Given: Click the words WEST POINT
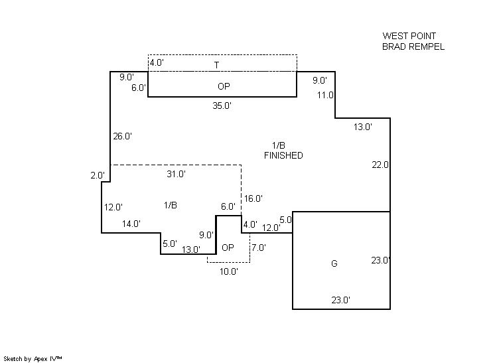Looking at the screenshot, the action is tap(409, 36).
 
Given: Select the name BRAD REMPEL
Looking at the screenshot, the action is tap(413, 46).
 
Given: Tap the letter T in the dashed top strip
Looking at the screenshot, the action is tap(216, 65).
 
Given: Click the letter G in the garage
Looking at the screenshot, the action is tap(334, 263).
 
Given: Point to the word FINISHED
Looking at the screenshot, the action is tap(283, 155).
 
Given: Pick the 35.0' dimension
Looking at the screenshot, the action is tap(222, 106).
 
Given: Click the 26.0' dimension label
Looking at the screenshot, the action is tap(123, 136).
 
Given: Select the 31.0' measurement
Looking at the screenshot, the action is tap(176, 174).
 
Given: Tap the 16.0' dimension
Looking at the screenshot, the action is tap(253, 198).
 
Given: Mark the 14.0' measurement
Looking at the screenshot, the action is tap(131, 224).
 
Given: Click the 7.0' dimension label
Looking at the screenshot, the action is tap(259, 248).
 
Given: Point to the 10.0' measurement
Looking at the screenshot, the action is tap(229, 271).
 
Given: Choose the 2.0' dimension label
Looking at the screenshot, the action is tap(98, 175).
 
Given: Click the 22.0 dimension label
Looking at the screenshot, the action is tap(380, 165).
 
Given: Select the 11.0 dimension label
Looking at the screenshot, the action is tap(326, 95).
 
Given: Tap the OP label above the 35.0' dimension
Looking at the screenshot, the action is tap(224, 86).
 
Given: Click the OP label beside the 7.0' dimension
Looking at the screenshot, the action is tap(228, 248).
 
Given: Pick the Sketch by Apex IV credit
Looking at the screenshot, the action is tap(33, 359).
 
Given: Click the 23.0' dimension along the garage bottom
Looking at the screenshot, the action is tap(341, 300).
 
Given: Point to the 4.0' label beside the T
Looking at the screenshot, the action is tap(157, 62).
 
